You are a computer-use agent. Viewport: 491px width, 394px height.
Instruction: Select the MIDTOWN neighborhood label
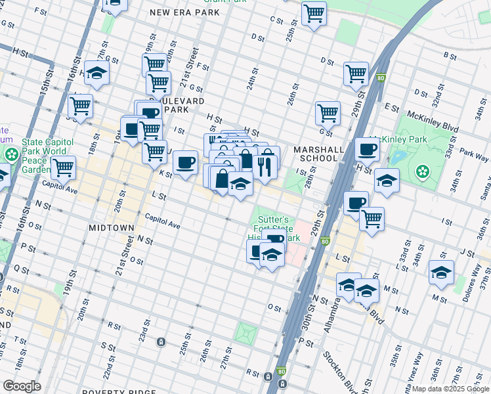111,227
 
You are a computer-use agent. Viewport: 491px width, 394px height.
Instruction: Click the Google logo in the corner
22,386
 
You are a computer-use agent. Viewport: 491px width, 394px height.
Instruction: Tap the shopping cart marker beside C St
314,12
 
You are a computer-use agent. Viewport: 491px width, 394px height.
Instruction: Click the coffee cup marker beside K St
185,162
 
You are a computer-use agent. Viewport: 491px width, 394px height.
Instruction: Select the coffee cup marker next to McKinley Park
367,148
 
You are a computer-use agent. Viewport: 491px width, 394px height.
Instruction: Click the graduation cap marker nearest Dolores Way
442,271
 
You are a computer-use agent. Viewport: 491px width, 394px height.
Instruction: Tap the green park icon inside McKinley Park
423,172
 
